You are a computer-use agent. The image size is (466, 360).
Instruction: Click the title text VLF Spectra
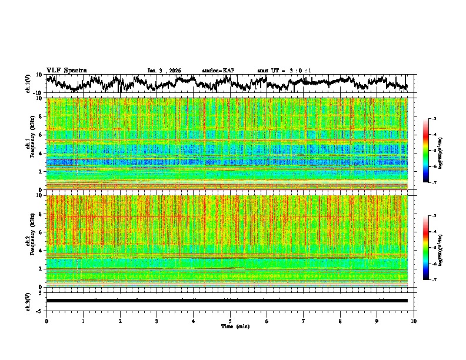66,71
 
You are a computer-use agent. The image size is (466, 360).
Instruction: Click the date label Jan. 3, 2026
164,71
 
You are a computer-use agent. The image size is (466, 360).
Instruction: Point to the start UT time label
284,71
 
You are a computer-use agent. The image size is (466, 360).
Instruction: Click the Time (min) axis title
230,326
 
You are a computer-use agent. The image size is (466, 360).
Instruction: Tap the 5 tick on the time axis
230,321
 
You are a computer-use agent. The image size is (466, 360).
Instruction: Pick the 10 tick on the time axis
414,321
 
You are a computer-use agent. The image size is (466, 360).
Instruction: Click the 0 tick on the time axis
46,321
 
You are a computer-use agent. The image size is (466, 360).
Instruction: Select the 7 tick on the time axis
304,321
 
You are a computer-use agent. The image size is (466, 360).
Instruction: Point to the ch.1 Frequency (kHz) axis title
31,144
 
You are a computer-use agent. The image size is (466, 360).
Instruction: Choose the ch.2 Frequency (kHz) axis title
31,241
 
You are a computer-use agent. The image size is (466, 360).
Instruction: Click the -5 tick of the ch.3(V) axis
40,310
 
